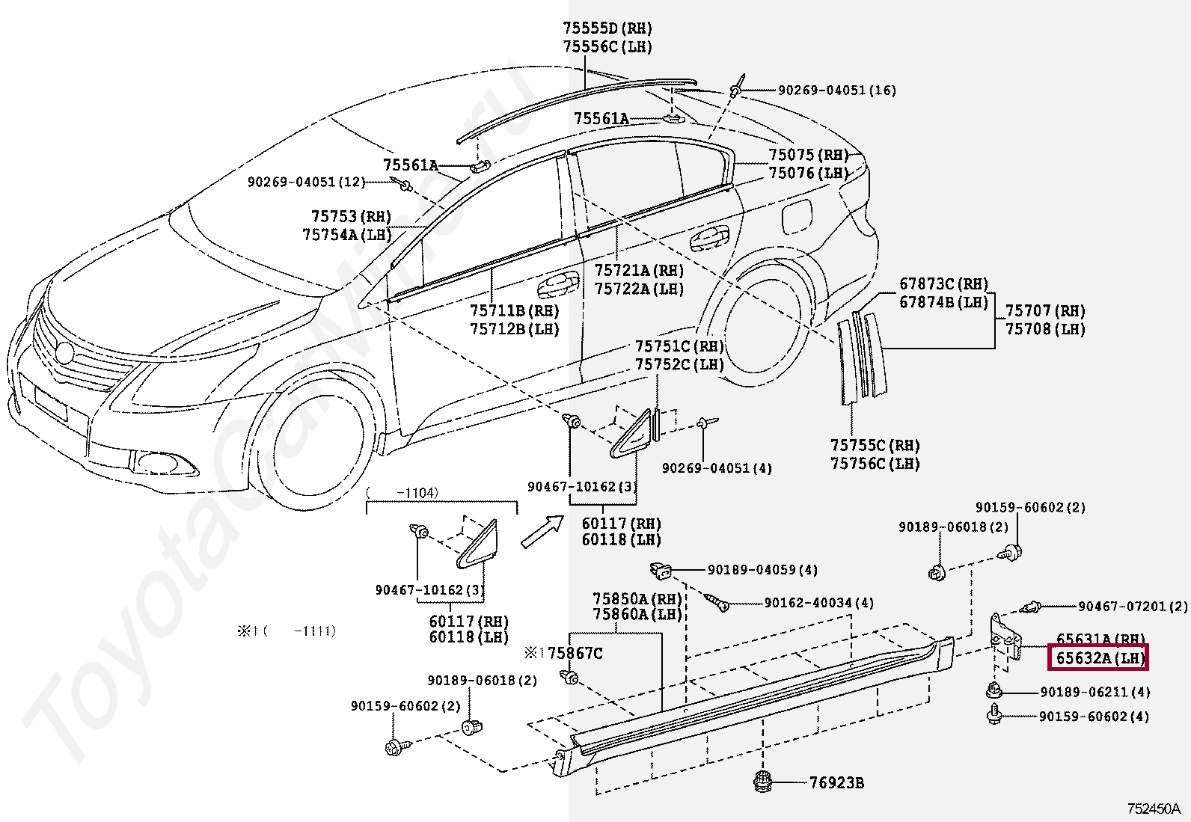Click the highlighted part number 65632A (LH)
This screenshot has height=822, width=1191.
(1098, 658)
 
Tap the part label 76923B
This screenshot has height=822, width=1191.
(836, 782)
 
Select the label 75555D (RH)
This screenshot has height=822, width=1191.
(607, 28)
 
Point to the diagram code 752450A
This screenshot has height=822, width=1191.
(1154, 809)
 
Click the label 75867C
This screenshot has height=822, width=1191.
(575, 653)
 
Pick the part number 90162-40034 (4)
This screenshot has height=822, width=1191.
(818, 603)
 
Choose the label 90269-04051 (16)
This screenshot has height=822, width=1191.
(837, 91)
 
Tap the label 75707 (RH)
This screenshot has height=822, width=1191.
(1045, 310)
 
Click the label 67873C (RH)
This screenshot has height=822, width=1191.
(944, 284)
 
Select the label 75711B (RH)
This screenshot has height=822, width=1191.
(514, 310)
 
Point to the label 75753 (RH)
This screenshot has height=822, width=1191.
(351, 216)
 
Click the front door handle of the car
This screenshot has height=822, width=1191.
(558, 286)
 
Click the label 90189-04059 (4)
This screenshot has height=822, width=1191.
(762, 570)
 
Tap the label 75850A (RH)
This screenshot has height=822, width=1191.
(637, 599)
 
